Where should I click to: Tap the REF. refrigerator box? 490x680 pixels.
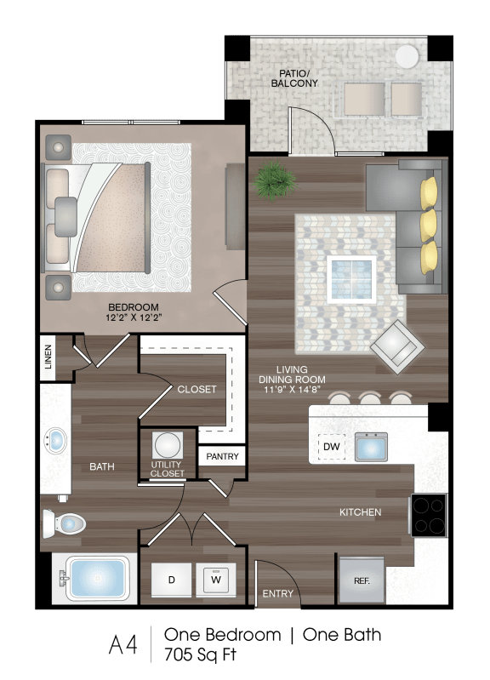tap(362, 580)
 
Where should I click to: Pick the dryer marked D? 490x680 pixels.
tap(171, 580)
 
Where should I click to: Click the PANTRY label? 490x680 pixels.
tap(222, 457)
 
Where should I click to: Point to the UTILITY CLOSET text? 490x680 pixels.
tap(168, 468)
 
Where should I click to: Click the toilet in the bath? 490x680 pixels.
tap(66, 522)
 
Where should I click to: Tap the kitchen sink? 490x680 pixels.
tap(371, 446)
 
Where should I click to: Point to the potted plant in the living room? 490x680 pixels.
tap(273, 180)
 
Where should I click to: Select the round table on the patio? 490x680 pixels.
tap(407, 56)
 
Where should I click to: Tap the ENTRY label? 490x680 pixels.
tap(277, 593)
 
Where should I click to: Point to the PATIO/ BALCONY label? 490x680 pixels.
tap(294, 77)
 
